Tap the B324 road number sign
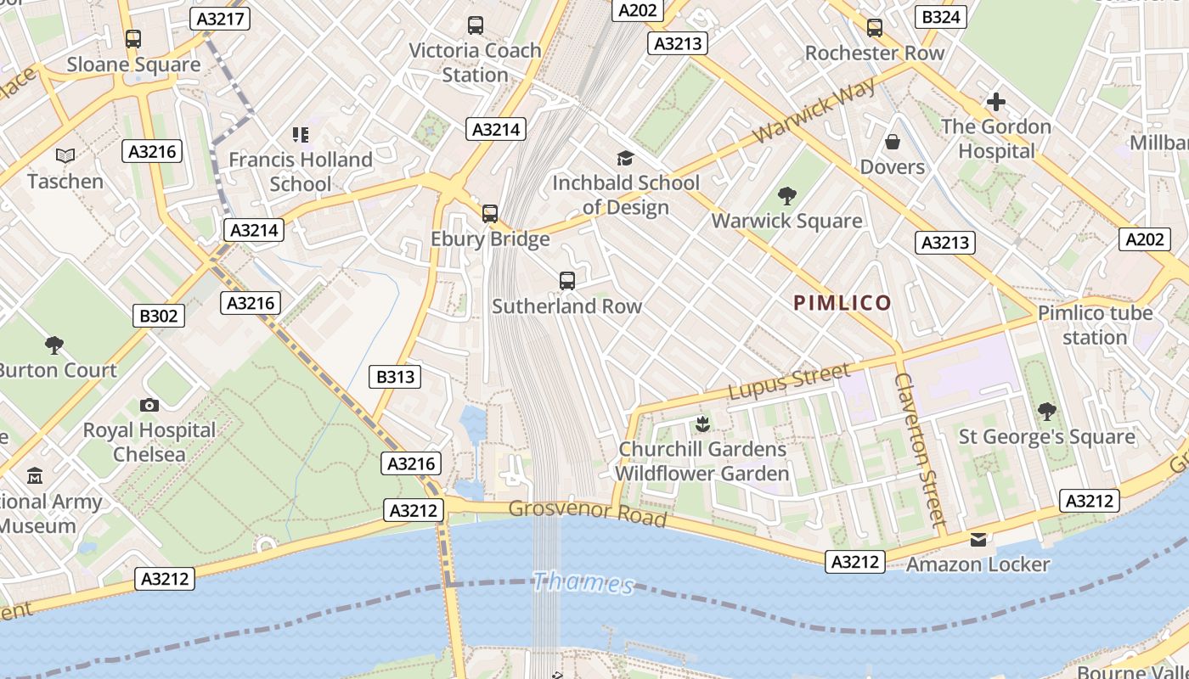(941, 17)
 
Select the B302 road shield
(159, 317)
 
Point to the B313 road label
(395, 376)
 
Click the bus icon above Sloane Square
(133, 38)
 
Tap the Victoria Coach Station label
(475, 62)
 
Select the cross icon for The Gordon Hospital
(995, 103)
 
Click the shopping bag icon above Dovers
(892, 141)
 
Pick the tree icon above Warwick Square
(787, 196)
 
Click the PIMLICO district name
(842, 303)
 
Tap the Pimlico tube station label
(1095, 325)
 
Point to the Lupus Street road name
(789, 381)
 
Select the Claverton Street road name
(919, 450)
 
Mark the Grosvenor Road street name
(588, 513)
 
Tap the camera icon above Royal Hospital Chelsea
(149, 405)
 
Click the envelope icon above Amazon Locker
(978, 540)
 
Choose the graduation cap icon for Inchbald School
(625, 158)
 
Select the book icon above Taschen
(65, 155)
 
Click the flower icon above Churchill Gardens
(702, 423)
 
